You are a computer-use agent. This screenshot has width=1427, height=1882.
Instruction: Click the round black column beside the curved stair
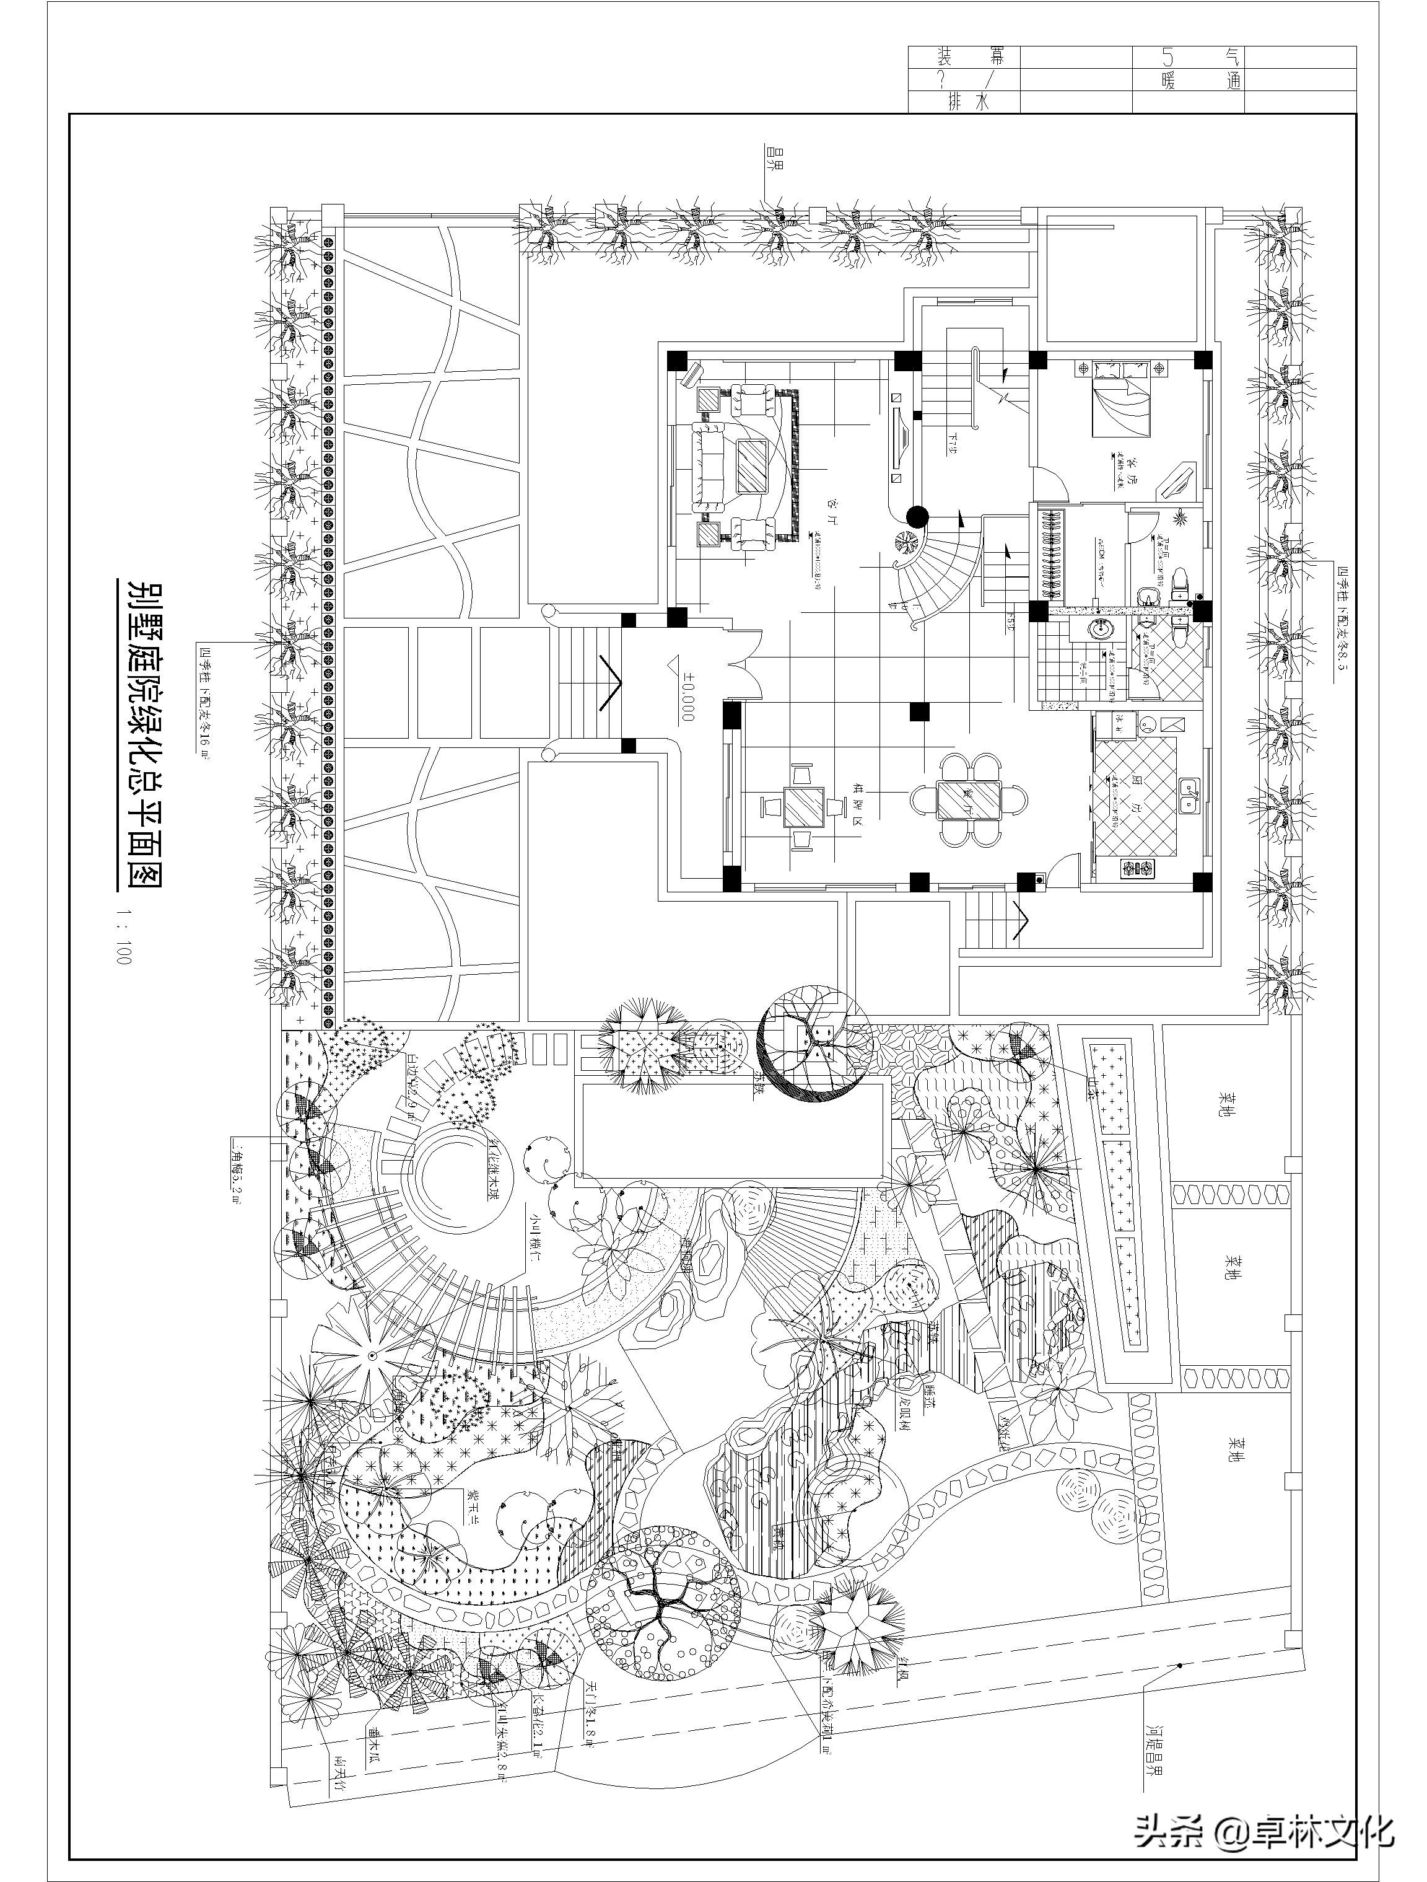(x=916, y=516)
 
